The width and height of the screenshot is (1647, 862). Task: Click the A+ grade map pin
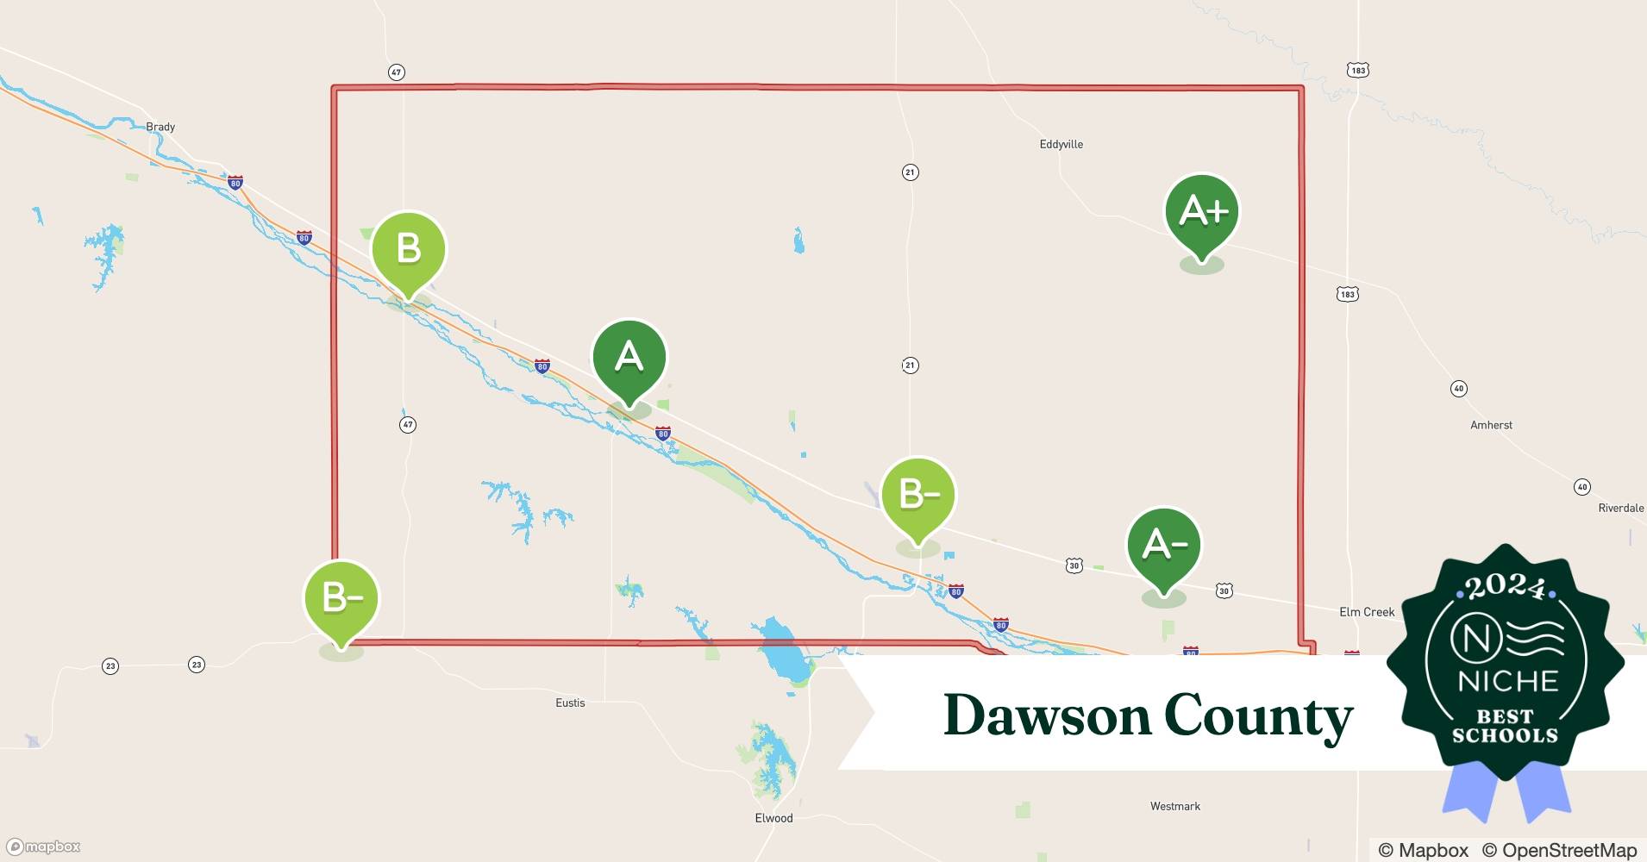(1201, 212)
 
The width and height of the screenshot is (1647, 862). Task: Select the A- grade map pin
(1163, 546)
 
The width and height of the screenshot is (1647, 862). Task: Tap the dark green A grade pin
(629, 357)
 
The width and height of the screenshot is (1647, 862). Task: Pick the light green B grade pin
(409, 249)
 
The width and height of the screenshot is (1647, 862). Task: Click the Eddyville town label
(1061, 144)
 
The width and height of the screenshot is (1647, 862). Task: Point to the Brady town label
(160, 127)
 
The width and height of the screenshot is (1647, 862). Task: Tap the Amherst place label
(1491, 425)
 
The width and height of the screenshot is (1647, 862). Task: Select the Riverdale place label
(1620, 508)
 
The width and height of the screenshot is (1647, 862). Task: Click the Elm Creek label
(1366, 612)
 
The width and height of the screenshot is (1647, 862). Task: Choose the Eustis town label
(570, 703)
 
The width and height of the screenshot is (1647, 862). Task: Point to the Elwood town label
(773, 818)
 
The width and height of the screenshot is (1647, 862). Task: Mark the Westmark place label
(1174, 806)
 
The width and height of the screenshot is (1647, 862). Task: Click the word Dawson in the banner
(1047, 715)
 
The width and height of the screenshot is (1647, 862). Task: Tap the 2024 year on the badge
(1505, 588)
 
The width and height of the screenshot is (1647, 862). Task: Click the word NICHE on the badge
(1507, 682)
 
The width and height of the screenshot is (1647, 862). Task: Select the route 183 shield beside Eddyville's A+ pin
(1347, 294)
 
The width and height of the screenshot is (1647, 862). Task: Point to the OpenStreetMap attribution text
(1559, 850)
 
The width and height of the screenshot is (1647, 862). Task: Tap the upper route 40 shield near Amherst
(1458, 389)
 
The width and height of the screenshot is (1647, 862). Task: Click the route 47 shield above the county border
(396, 72)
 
